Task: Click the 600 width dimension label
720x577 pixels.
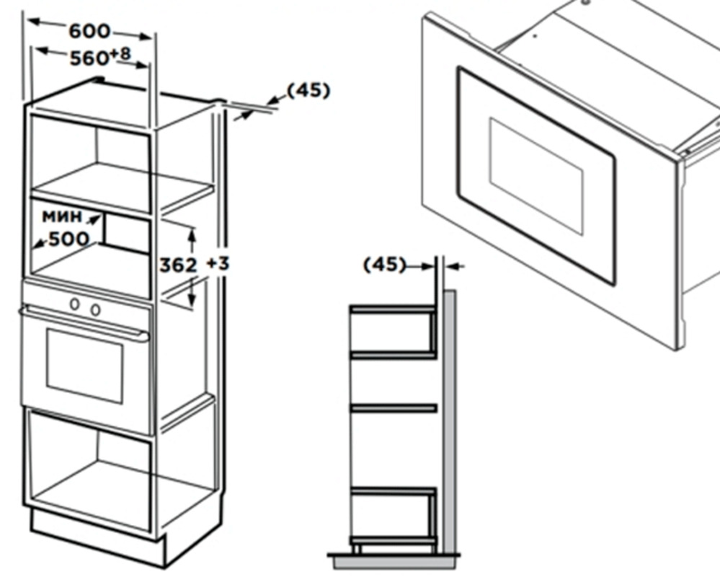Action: (89, 31)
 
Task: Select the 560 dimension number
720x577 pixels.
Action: (89, 58)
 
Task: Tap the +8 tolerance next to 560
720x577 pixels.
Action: (120, 54)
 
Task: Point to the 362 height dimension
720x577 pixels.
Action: (178, 265)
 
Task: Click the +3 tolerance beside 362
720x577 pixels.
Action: (218, 264)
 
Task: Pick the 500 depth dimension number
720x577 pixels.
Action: (68, 239)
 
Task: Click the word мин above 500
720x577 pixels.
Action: (62, 216)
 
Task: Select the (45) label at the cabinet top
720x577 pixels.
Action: (308, 90)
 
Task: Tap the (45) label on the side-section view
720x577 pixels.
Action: (385, 265)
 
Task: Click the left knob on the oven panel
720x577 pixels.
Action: (74, 304)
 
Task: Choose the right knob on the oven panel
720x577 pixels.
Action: (96, 309)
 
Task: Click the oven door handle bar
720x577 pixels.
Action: (84, 324)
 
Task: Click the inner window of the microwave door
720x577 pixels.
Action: (536, 177)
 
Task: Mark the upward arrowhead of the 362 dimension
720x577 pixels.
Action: (192, 234)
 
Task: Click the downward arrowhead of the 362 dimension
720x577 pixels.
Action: (192, 300)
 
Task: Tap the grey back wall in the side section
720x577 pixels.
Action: (449, 422)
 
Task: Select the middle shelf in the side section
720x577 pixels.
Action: (394, 408)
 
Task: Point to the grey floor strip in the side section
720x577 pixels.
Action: (394, 563)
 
